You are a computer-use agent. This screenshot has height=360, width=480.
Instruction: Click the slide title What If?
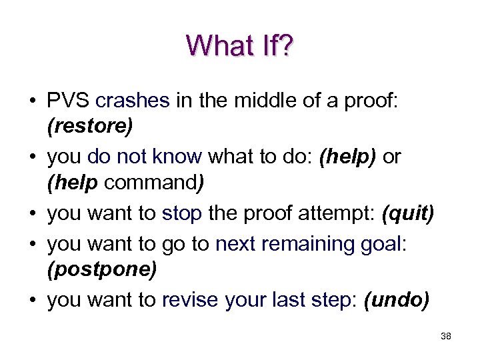coord(239,46)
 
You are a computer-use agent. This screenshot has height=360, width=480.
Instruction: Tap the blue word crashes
coord(133,101)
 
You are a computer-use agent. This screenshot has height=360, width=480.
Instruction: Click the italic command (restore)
coord(89,127)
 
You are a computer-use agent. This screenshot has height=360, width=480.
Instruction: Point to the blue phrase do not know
coord(145,157)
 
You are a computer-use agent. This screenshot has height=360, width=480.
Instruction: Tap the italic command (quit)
coord(407,213)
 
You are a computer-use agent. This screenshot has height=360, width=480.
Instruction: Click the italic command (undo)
coord(397,300)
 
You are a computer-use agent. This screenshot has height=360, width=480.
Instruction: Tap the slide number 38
coord(446,337)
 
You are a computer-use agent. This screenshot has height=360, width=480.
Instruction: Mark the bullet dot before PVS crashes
coord(32,101)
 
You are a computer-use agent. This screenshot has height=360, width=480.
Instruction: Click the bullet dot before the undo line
coord(32,301)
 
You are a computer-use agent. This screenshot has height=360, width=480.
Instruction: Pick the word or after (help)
coord(392,157)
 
